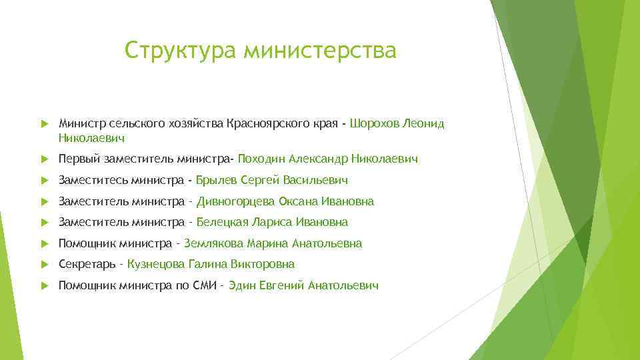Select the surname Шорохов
coord(375,123)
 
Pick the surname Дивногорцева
coord(235,201)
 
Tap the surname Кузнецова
coord(155,264)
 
